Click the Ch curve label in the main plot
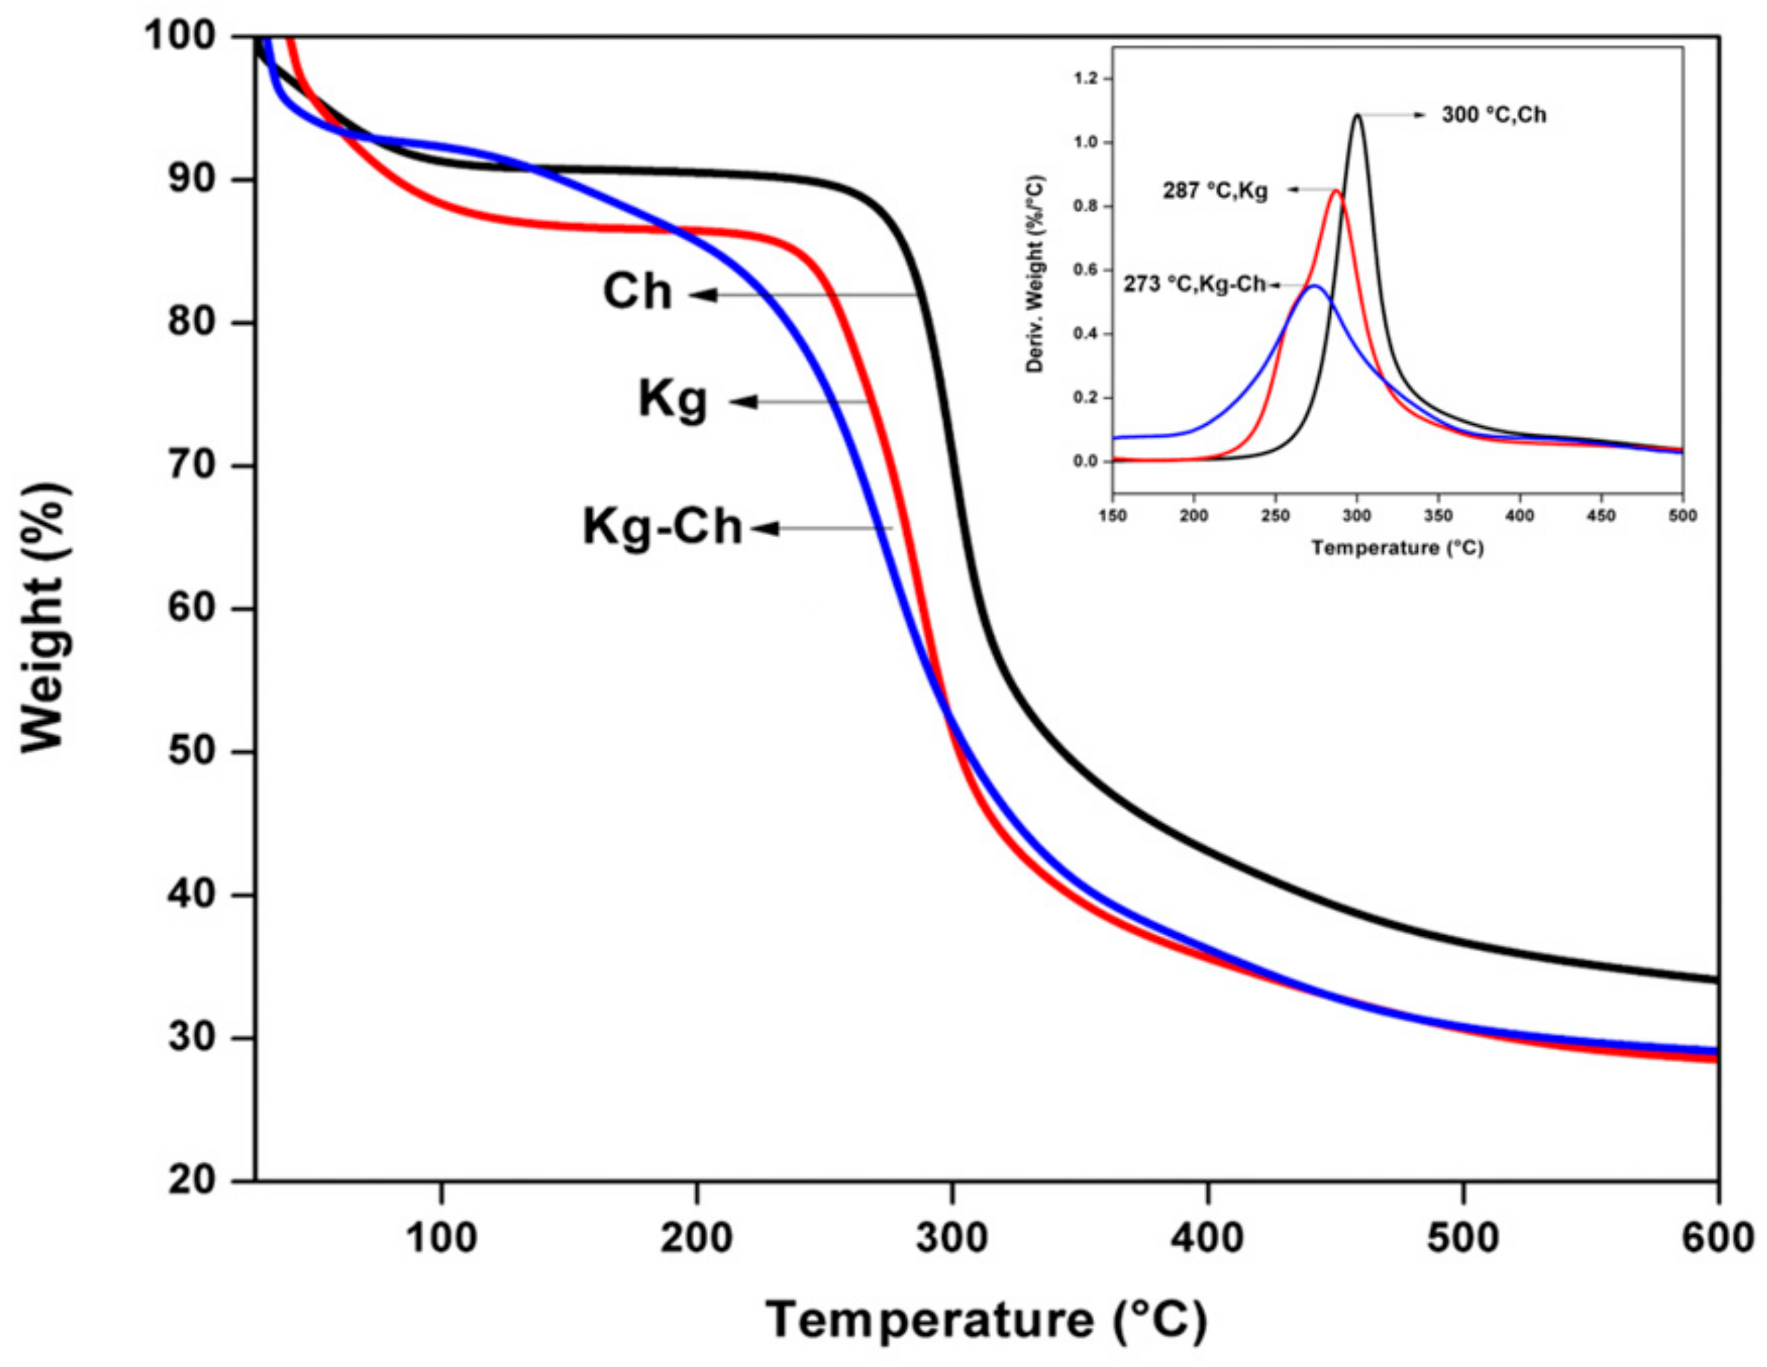point(638,292)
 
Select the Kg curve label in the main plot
point(672,399)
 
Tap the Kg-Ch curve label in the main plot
point(662,527)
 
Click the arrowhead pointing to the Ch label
point(704,295)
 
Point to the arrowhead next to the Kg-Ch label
point(765,529)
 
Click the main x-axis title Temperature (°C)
point(986,1322)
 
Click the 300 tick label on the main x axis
point(952,1239)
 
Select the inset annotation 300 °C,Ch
point(1493,116)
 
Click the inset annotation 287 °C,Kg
point(1215,191)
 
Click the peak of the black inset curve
point(1357,116)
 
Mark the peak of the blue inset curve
point(1314,286)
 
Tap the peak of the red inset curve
point(1336,192)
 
